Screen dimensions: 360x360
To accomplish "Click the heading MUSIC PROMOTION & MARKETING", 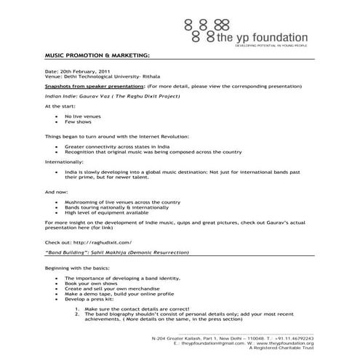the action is pyautogui.click(x=97, y=55).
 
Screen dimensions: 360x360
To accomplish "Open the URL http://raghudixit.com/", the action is pyautogui.click(x=103, y=241).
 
